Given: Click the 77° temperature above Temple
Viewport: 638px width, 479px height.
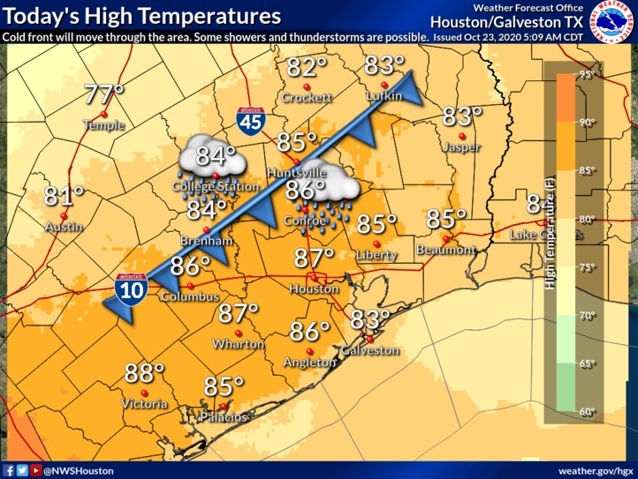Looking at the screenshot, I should click(x=103, y=94).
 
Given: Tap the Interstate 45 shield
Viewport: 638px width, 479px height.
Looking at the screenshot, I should click(x=251, y=120).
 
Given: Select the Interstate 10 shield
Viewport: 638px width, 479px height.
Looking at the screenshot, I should click(x=129, y=289).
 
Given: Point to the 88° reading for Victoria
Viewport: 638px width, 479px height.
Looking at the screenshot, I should click(x=145, y=373).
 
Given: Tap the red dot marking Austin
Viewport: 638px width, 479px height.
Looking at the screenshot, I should click(x=64, y=213).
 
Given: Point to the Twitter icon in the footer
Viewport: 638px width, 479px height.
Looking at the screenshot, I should click(x=22, y=470).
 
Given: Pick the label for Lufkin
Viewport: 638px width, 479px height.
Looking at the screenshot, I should click(x=383, y=97).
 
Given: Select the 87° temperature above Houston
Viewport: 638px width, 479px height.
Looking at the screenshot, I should click(x=315, y=258).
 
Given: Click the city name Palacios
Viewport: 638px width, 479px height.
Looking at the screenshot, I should click(x=222, y=415).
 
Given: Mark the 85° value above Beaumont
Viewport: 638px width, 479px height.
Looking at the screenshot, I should click(x=447, y=220).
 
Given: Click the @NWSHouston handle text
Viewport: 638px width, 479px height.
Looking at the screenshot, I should click(x=79, y=470).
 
